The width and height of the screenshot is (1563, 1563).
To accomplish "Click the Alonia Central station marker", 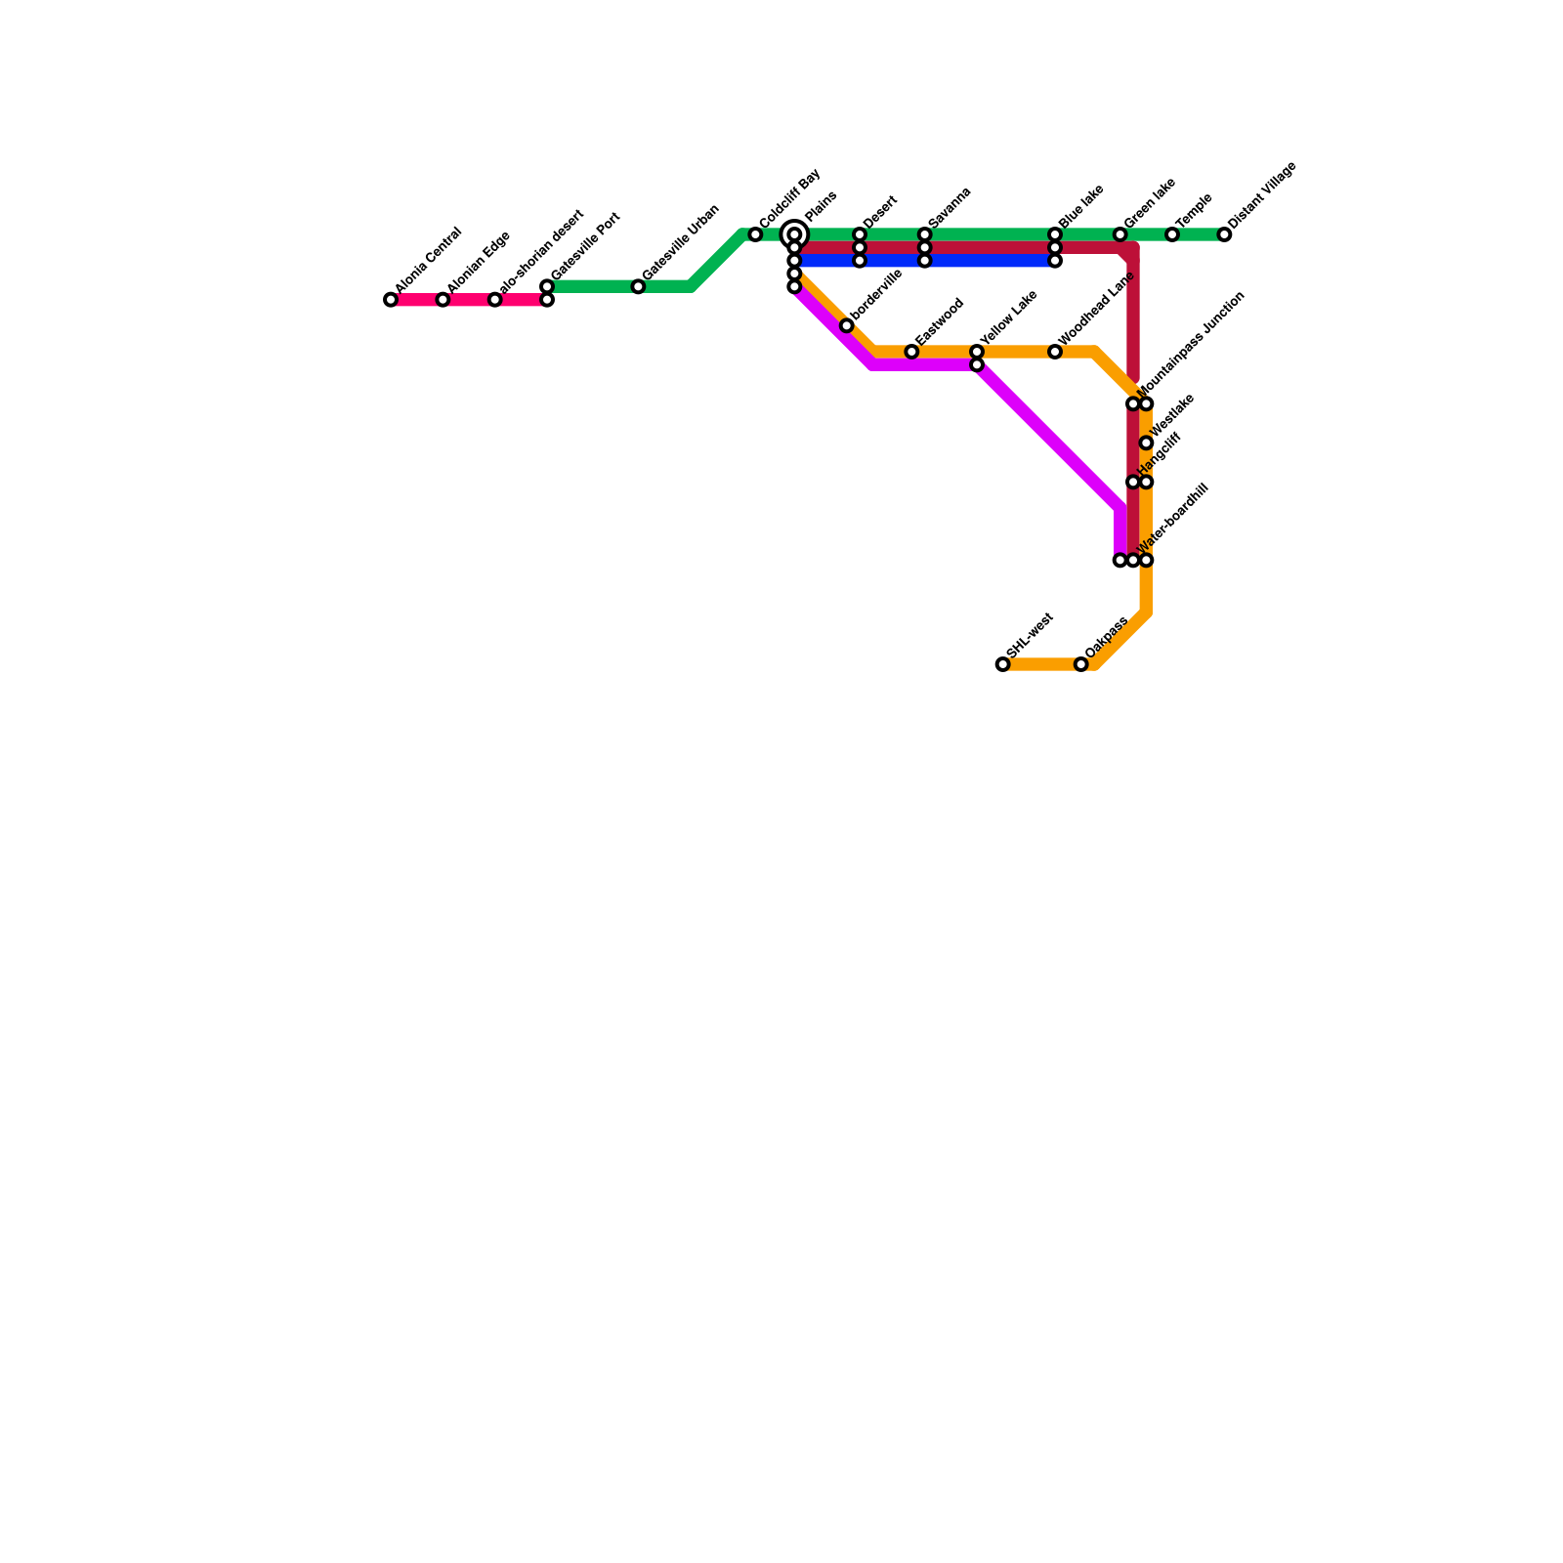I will (391, 300).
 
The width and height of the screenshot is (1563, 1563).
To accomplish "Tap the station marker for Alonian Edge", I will (444, 300).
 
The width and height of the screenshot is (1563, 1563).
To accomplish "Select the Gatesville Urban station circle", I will (638, 286).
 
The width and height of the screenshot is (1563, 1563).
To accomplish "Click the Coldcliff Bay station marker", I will (755, 234).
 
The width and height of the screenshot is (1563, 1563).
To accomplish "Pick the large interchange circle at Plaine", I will (795, 234).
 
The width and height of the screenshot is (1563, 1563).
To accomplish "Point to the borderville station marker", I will (847, 325).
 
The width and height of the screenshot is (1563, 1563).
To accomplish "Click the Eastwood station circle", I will (911, 352).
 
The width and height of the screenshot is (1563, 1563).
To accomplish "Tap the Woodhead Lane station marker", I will (1055, 352).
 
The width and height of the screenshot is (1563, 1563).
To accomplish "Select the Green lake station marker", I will (1120, 234).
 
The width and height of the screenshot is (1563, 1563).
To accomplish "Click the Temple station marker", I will (1172, 234).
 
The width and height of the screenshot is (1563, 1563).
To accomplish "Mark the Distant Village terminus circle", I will (1225, 234).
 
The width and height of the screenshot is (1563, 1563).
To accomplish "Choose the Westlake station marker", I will (1147, 444).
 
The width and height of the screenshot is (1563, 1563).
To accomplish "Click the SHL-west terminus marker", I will (1003, 664).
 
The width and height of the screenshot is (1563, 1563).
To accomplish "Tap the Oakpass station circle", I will (1081, 664).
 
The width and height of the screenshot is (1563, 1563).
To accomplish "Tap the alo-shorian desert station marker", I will (495, 300).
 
